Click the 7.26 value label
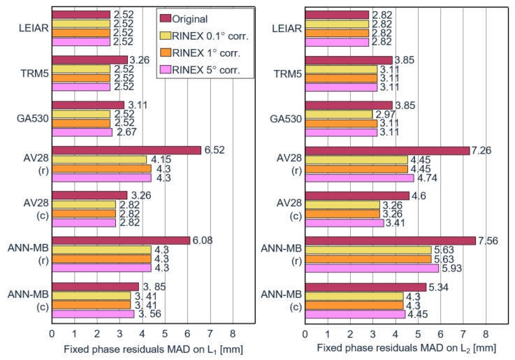coord(485,150)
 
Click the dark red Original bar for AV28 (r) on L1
coord(126,150)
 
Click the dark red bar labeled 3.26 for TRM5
coord(89,59)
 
